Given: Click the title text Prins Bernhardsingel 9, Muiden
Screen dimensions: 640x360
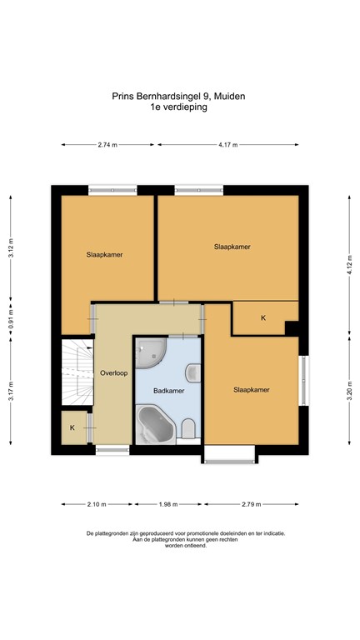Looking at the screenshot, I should point(178,96).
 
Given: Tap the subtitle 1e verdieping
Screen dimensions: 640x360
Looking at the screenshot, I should point(178,107).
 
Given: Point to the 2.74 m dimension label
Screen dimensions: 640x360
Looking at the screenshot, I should point(107,145).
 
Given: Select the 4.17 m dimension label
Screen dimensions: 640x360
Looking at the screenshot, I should point(227,145).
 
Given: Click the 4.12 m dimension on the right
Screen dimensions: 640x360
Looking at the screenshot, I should point(350,263).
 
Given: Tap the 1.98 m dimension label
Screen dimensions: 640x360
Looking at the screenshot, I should point(168,504).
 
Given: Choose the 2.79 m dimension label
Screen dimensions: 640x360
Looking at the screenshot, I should point(251,504).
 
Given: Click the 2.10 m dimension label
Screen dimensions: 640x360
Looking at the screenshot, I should point(97,504).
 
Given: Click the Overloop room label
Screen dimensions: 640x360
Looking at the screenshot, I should point(113,373).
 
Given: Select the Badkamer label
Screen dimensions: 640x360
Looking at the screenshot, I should point(169,390).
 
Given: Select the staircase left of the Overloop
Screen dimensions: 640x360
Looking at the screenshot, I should point(76,372).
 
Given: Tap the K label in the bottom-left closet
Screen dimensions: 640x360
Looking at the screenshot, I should point(72,427).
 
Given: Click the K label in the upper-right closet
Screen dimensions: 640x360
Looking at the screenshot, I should point(263,318).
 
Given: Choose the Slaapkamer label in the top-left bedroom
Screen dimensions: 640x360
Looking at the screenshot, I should point(105,255).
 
